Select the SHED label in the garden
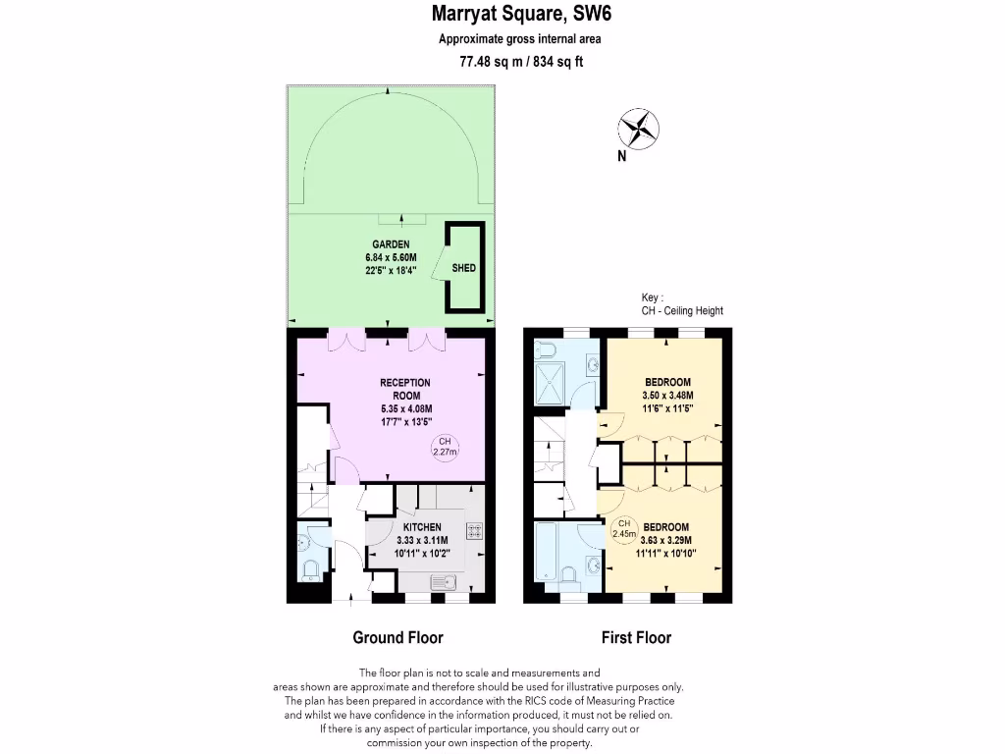464,267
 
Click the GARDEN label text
391,244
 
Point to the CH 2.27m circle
445,448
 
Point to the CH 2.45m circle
620,528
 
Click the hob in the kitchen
474,531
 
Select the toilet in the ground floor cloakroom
310,568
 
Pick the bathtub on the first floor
548,554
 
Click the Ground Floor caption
397,637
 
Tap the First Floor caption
636,637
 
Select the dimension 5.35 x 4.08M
405,409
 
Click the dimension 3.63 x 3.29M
665,540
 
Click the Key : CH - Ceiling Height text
681,304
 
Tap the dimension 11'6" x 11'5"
668,408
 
